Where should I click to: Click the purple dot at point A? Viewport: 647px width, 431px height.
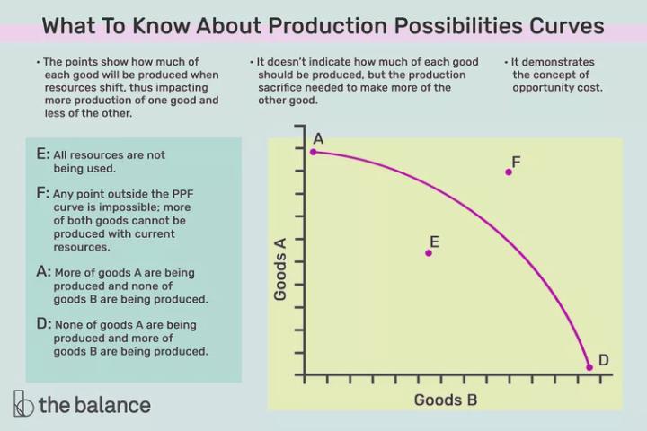tap(313, 152)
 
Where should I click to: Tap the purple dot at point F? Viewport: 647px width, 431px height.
tap(509, 172)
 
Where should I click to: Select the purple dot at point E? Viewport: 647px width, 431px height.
tap(429, 253)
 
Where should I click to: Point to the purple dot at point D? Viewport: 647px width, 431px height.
tap(589, 366)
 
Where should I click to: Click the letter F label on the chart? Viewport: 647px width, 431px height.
tap(516, 162)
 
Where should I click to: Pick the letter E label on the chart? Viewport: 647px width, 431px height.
tap(434, 242)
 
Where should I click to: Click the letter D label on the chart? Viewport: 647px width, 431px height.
tap(604, 360)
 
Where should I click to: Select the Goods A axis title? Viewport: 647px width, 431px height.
tap(280, 267)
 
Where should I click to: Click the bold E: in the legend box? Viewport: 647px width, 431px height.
tap(43, 154)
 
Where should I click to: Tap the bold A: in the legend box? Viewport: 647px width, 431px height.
tap(43, 270)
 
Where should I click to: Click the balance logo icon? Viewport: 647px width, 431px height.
tap(23, 404)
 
